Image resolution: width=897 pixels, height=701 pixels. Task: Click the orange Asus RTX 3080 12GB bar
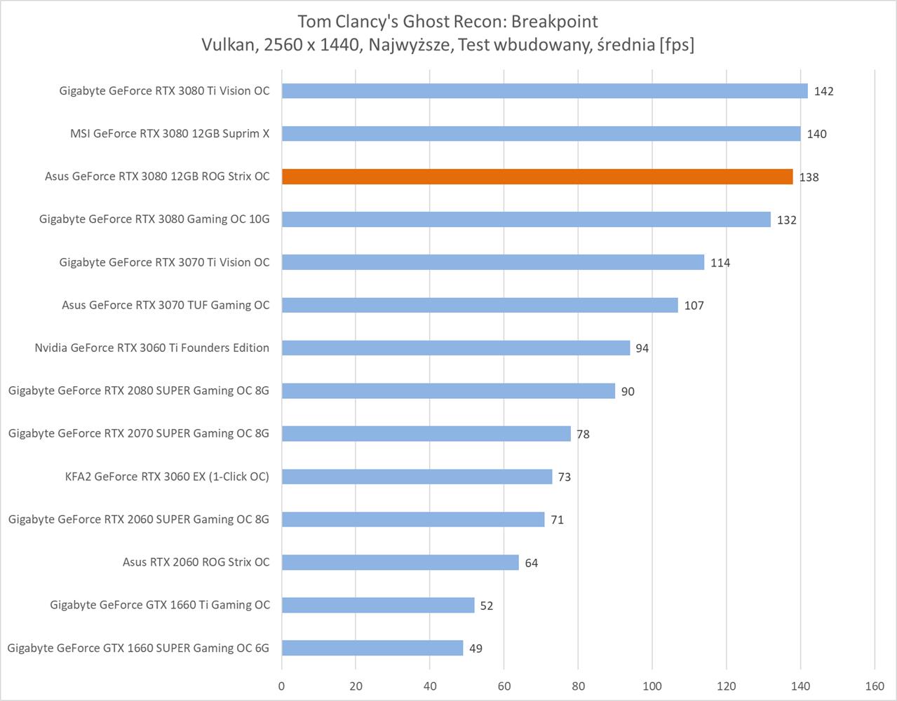[x=537, y=177]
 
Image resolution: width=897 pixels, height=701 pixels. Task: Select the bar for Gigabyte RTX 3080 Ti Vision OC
[x=544, y=91]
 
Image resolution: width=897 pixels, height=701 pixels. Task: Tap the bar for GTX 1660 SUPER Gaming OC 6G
[x=372, y=648]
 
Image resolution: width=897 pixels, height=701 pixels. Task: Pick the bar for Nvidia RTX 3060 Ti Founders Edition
[x=456, y=348]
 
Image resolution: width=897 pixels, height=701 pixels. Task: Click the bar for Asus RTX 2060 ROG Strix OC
[x=400, y=562]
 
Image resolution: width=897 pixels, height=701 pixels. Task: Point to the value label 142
[x=824, y=91]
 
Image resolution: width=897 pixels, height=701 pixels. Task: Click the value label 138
[x=809, y=177]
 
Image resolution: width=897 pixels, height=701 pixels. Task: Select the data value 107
[x=694, y=306]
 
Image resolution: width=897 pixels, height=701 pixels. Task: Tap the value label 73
[x=565, y=477]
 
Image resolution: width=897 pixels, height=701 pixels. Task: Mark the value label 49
[x=476, y=648]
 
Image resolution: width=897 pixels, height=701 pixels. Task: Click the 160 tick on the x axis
[x=875, y=686]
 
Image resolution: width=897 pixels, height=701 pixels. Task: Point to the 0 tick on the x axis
[x=282, y=686]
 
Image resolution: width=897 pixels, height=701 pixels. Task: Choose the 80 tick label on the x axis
[x=579, y=686]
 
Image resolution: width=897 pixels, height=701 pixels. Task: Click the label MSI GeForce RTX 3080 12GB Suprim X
[x=170, y=134]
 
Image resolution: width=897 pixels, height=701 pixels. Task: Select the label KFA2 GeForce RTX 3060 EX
[x=167, y=477]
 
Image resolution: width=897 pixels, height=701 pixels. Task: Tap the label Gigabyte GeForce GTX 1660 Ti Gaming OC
[x=160, y=605]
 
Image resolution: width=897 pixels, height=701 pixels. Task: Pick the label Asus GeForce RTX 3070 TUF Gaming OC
[x=166, y=305]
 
